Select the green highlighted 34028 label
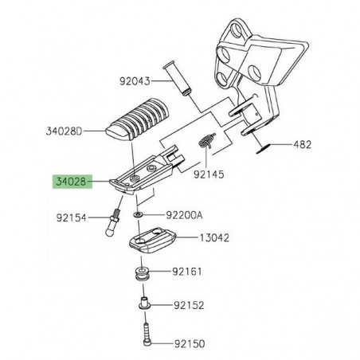pos(73,182)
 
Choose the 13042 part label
pos(208,237)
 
